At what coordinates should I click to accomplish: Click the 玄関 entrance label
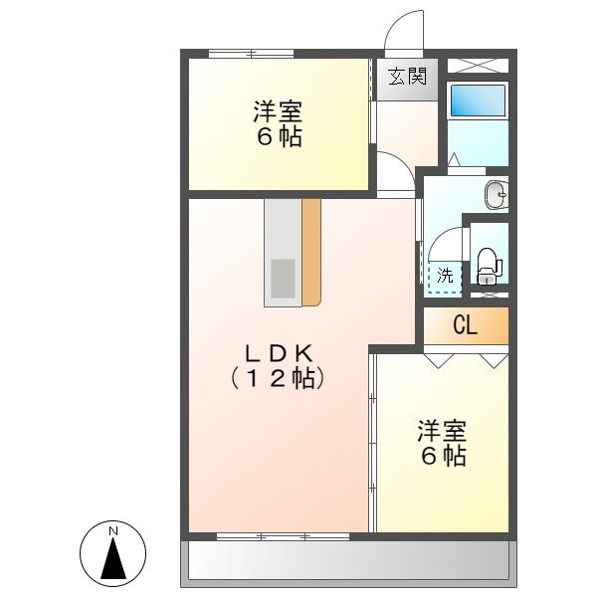pyautogui.click(x=407, y=77)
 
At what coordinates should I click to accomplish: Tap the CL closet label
pyautogui.click(x=465, y=324)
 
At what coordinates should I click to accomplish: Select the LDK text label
pyautogui.click(x=280, y=352)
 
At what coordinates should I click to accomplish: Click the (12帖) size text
pyautogui.click(x=279, y=378)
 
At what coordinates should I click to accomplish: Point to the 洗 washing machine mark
pyautogui.click(x=445, y=276)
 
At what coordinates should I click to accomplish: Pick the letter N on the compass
pyautogui.click(x=113, y=531)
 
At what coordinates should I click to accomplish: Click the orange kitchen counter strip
pyautogui.click(x=311, y=251)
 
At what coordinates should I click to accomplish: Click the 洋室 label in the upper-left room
pyautogui.click(x=278, y=110)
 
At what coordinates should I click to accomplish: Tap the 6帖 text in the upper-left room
pyautogui.click(x=279, y=137)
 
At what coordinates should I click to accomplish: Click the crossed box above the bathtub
pyautogui.click(x=478, y=65)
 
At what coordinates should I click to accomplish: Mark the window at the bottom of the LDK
pyautogui.click(x=283, y=536)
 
